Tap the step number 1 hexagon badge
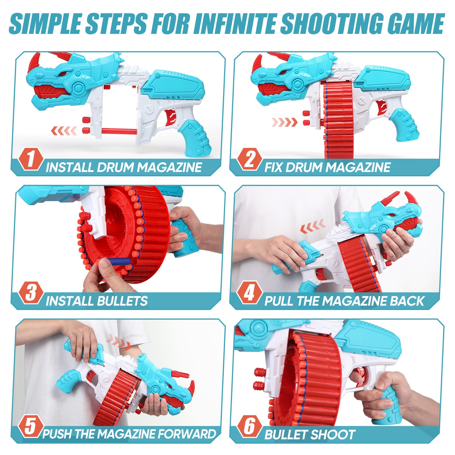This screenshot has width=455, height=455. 31,159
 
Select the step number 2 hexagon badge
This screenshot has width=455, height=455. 249,159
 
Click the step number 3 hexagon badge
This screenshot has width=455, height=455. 31,293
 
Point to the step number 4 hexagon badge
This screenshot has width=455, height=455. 249,293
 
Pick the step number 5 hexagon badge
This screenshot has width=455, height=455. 31,427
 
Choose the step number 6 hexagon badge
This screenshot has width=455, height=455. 249,427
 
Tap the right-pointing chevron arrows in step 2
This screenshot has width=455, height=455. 285,122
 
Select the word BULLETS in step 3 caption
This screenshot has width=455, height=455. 122,301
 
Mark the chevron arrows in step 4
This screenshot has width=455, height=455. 312,226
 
